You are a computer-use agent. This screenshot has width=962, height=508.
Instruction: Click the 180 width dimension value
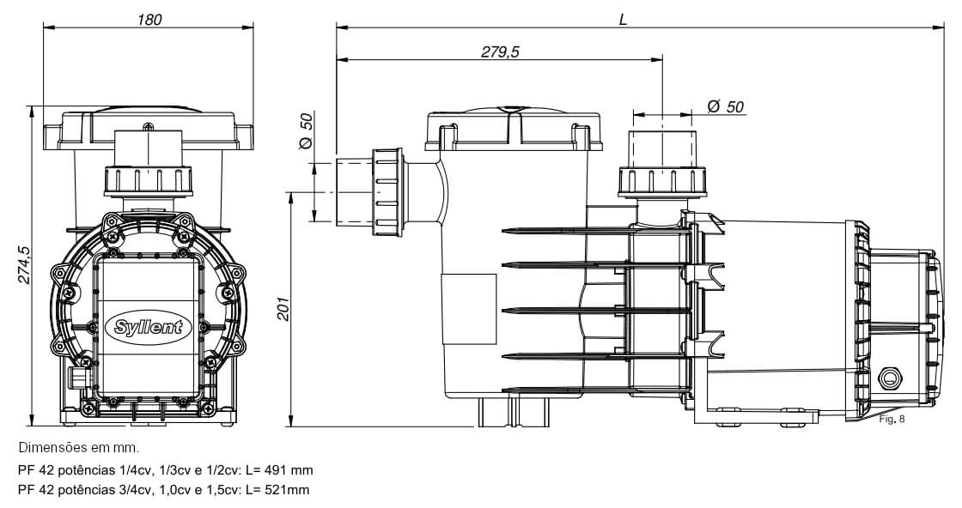click(149, 19)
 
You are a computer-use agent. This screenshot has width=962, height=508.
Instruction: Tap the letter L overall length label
click(624, 19)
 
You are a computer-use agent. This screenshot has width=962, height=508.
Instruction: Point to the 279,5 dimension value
click(500, 52)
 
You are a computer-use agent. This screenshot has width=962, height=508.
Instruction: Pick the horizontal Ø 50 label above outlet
click(725, 106)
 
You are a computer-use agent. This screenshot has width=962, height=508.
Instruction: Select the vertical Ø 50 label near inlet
click(307, 131)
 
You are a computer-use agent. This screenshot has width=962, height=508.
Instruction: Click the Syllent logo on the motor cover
click(149, 327)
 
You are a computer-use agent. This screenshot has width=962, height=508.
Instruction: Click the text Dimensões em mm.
click(77, 448)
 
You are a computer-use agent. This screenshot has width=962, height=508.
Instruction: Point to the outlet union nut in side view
click(661, 181)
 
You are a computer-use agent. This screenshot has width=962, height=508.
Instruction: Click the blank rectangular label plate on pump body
click(468, 305)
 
